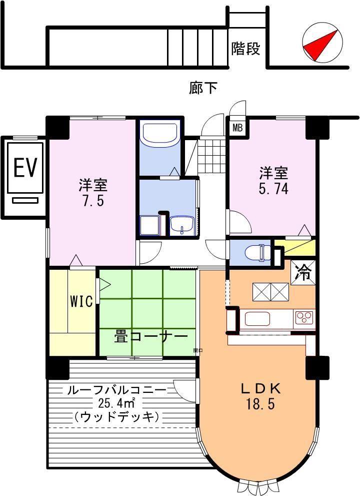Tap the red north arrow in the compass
[x=319, y=45]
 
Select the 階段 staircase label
[x=245, y=49]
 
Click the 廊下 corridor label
[x=203, y=88]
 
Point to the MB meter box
[x=237, y=128]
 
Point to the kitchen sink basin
[x=256, y=318]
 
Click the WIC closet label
[x=80, y=301]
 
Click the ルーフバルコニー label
[x=120, y=390]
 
